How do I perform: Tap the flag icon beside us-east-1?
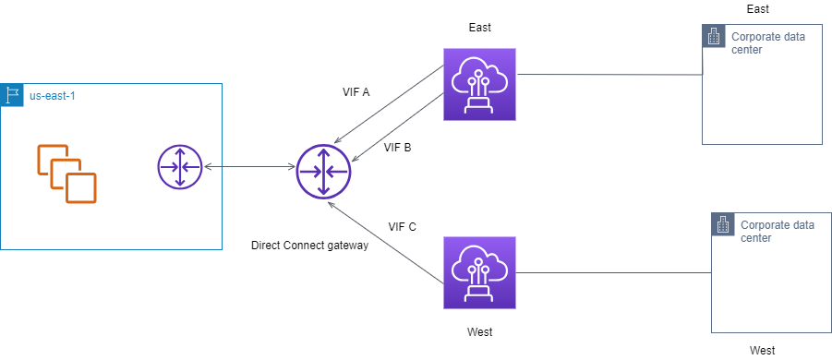(x=13, y=95)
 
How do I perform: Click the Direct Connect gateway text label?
(x=309, y=246)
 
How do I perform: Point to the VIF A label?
(x=356, y=92)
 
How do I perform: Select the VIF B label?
(x=397, y=147)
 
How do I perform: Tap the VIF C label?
(x=402, y=226)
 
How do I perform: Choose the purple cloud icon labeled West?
(x=479, y=272)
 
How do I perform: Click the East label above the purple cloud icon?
(x=479, y=29)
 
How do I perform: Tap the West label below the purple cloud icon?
(x=479, y=330)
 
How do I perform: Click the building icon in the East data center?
(x=713, y=36)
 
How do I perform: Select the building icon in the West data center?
(x=723, y=224)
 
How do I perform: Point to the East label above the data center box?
(x=757, y=8)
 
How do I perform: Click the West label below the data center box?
(x=762, y=351)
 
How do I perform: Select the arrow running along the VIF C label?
(x=388, y=244)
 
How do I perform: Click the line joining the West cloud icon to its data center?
(x=614, y=272)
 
